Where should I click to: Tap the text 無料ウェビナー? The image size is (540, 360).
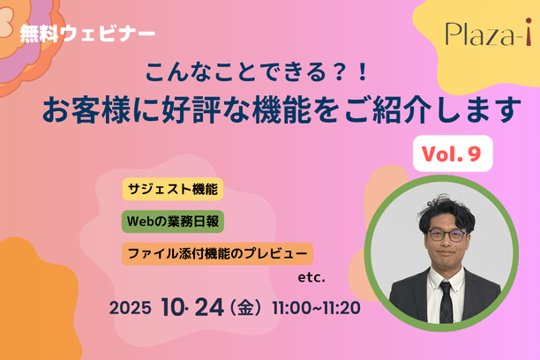[87, 34]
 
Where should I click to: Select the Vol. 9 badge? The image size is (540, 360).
[452, 154]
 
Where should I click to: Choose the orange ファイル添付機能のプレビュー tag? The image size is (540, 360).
[217, 254]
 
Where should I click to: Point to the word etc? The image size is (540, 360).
[312, 278]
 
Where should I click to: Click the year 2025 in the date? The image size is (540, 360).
[130, 310]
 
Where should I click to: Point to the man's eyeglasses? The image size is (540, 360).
[448, 236]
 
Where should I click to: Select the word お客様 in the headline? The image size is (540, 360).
[88, 109]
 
